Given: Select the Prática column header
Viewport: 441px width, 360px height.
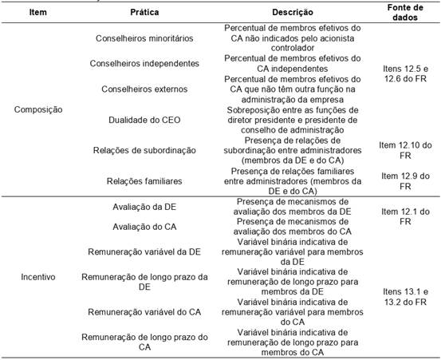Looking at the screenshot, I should pos(144,13).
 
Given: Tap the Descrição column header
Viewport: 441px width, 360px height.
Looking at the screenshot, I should pos(293,13).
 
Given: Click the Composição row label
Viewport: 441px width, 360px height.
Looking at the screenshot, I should pos(39,109).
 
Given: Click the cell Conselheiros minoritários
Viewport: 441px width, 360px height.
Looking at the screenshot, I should pos(144,38).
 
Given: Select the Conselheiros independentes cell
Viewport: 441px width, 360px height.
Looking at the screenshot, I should pos(144,62).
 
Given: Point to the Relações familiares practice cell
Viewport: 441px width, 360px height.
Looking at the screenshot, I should pos(144,181).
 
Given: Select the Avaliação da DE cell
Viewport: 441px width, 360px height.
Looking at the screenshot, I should pos(144,207).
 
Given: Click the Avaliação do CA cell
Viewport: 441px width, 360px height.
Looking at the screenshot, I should pos(144,226).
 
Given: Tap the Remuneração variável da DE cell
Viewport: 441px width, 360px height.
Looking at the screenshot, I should pos(144,251).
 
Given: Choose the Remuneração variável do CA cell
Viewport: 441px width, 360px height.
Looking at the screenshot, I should pos(144,312).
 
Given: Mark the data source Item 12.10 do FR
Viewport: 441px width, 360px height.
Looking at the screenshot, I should pos(406,150).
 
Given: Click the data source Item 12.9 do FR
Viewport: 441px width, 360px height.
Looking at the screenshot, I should pos(406,180).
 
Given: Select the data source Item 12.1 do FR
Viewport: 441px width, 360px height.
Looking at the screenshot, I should pos(406,216).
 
